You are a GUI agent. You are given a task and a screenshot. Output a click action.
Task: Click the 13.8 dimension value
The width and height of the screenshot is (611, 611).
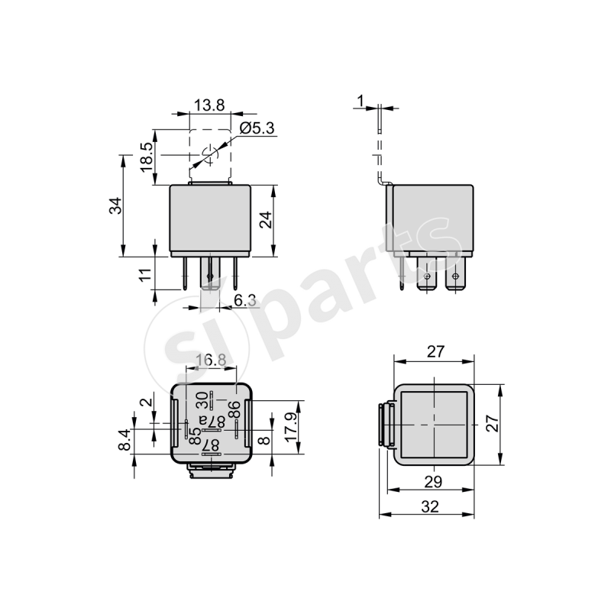click(209, 106)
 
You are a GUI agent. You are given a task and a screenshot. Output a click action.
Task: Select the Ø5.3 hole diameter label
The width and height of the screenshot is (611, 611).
click(257, 128)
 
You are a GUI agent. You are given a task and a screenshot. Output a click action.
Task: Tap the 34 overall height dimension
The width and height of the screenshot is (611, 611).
click(115, 206)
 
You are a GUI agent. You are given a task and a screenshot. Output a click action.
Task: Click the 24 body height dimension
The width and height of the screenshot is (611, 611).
click(265, 220)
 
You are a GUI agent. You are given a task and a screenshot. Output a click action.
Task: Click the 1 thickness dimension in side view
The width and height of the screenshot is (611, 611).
click(360, 100)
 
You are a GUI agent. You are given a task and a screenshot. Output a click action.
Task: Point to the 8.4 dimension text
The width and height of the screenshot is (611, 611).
click(124, 440)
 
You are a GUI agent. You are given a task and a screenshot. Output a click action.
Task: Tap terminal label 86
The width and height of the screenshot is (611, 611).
click(234, 409)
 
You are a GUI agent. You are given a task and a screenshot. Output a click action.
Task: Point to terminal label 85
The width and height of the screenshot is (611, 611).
click(196, 437)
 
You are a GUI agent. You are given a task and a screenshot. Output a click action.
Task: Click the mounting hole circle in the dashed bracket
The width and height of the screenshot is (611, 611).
click(209, 157)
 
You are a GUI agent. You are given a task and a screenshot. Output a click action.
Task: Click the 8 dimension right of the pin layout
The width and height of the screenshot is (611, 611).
click(265, 439)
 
